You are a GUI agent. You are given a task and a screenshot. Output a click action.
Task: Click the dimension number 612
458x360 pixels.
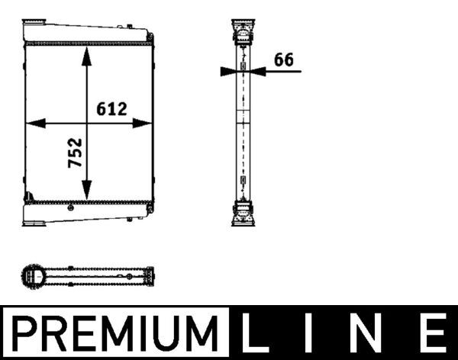coord(112,108)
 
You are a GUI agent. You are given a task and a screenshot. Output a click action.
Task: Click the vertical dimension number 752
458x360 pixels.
coord(75,153)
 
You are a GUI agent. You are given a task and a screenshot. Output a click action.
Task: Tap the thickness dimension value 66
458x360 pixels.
coord(284,59)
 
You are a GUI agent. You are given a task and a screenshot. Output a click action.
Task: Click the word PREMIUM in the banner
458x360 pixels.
coord(115,333)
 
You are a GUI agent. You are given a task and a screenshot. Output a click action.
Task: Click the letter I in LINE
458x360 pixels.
coord(308,333)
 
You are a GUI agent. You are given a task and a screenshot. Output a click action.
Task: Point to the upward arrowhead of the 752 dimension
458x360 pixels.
coord(86,56)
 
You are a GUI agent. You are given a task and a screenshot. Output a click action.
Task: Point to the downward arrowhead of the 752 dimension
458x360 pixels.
coord(86,190)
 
